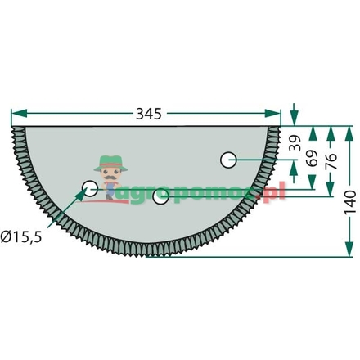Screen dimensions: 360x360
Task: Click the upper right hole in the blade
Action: point(229,159)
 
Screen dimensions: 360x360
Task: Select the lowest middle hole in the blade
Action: point(161,196)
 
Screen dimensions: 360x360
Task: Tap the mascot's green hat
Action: point(108,160)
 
